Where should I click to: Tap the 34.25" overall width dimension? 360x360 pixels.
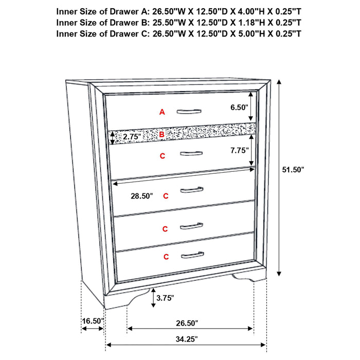185,339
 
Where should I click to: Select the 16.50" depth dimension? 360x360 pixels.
93,321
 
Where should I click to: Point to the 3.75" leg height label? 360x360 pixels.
166,297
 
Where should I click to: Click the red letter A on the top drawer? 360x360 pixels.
162,112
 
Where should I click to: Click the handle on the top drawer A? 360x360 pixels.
190,111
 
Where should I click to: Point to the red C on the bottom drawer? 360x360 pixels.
166,256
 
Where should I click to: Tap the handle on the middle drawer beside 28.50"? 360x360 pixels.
192,191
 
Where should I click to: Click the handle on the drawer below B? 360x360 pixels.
191,153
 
